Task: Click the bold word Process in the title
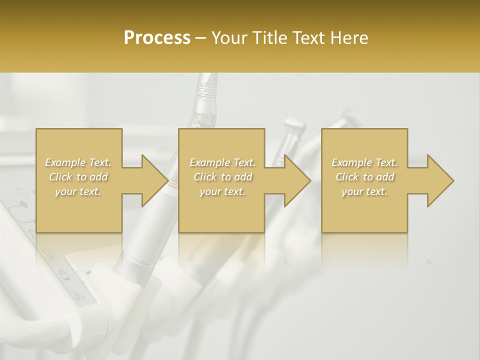(x=157, y=38)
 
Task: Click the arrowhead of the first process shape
(x=155, y=180)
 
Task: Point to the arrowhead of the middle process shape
(x=297, y=180)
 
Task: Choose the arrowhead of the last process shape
(x=440, y=180)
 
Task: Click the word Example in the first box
(x=65, y=162)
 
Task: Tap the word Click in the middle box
(x=205, y=177)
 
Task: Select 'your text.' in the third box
(x=364, y=191)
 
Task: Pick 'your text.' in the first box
(x=78, y=191)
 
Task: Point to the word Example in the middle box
(x=209, y=162)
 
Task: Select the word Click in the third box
(x=347, y=177)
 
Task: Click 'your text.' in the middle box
(x=222, y=191)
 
